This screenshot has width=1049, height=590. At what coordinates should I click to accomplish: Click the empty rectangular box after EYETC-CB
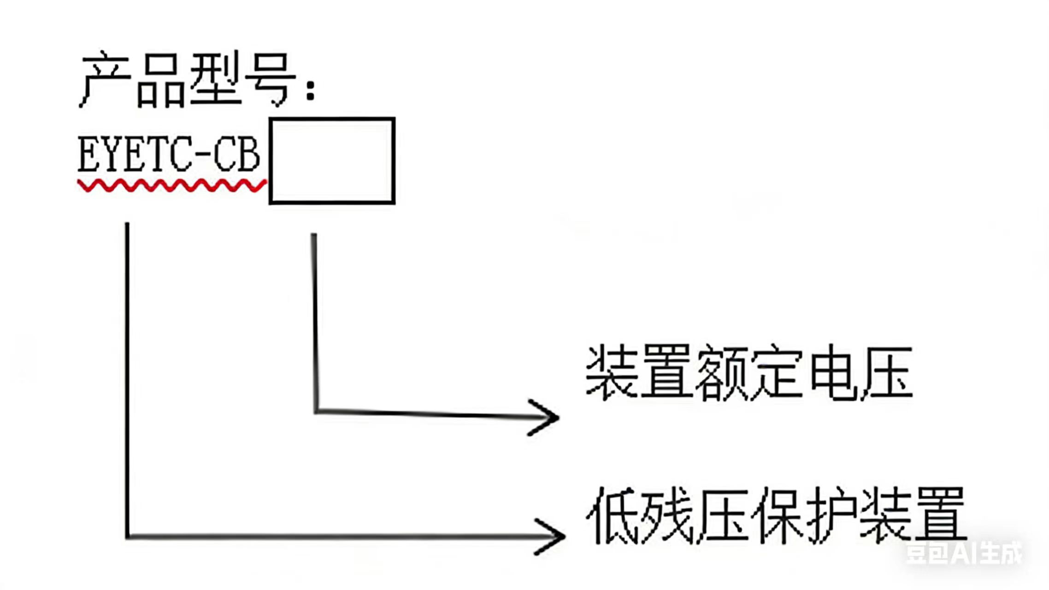click(332, 160)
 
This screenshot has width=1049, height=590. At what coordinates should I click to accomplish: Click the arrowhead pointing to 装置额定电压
click(546, 417)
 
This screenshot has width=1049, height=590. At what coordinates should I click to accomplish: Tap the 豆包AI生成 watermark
click(963, 553)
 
